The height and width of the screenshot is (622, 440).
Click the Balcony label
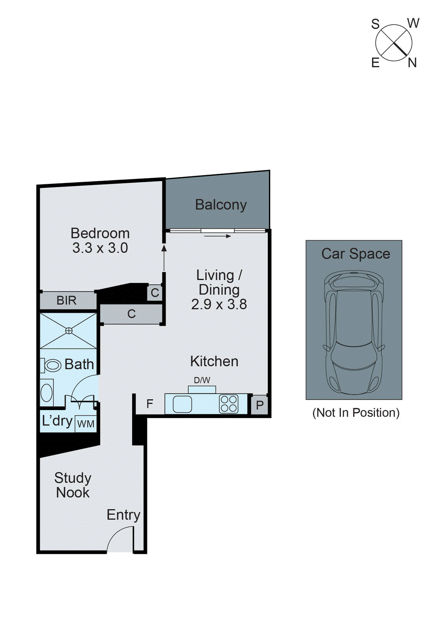tap(221, 205)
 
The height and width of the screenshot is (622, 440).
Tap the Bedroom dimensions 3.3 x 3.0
tap(100, 248)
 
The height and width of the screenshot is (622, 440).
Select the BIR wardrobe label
tap(66, 301)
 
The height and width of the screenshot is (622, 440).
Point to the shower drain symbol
tap(69, 331)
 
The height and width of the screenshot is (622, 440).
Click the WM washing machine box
tap(86, 424)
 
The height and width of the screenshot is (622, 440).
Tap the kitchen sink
tap(182, 404)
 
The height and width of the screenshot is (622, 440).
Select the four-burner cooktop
tap(229, 404)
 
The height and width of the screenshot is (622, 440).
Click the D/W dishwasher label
tap(202, 380)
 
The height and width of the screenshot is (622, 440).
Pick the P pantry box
tap(260, 405)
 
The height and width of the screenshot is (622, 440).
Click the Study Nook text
tap(73, 485)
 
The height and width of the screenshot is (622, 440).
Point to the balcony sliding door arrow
tap(218, 236)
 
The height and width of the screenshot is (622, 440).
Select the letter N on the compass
tap(412, 63)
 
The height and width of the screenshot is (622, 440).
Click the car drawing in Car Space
tap(354, 332)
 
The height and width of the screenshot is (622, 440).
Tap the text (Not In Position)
tap(356, 413)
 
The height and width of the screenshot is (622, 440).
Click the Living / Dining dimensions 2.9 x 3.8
tap(219, 304)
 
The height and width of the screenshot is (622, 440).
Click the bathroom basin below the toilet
tap(47, 393)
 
